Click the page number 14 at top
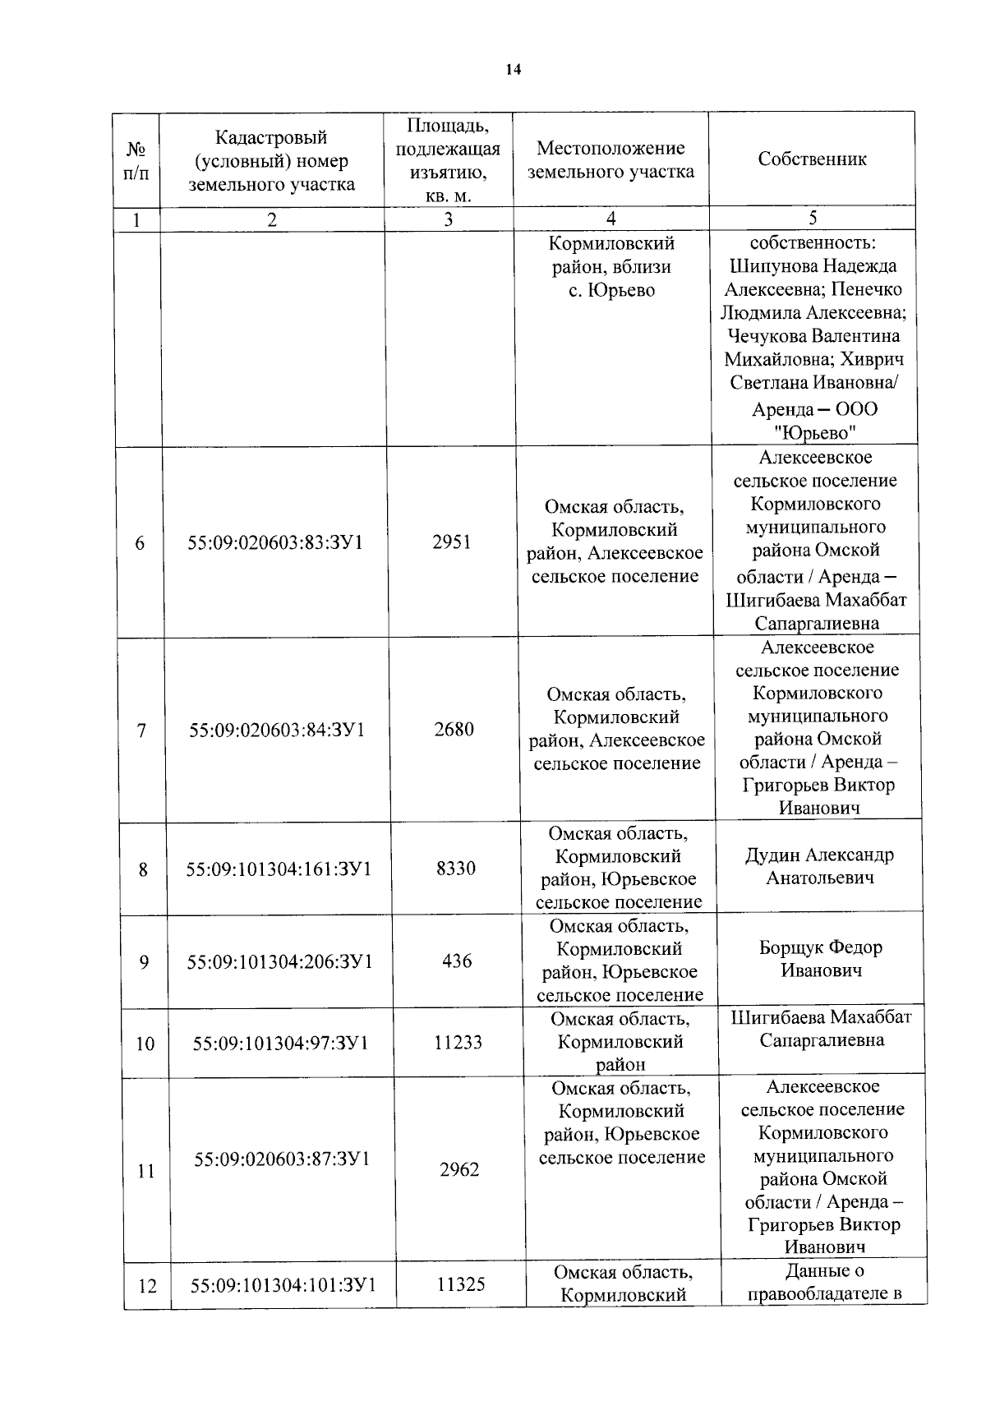point(513,71)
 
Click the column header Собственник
point(812,159)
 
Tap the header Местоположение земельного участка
point(610,160)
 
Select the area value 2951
point(452,542)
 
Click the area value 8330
point(456,869)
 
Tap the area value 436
point(457,961)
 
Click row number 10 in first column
point(145,1044)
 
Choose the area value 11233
point(458,1043)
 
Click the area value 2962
point(459,1169)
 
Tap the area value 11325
point(461,1283)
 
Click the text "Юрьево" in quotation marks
point(814,433)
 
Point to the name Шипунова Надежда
point(813,266)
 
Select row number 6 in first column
point(140,543)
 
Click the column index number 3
point(448,219)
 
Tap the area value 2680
point(454,729)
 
